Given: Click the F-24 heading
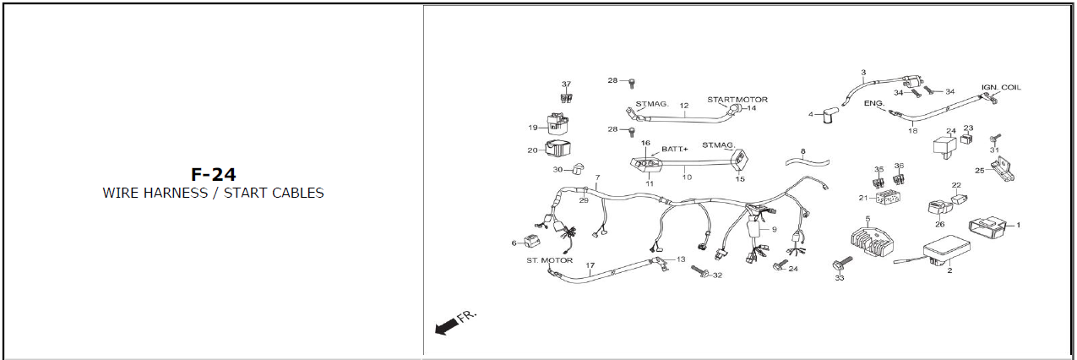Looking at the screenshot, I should (x=212, y=175).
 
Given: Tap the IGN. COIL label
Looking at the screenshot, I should (x=1001, y=88).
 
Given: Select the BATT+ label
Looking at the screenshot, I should (x=674, y=149).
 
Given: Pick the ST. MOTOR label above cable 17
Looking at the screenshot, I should (x=549, y=260).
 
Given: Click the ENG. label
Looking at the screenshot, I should (x=874, y=103).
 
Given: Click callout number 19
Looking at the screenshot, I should (x=533, y=128).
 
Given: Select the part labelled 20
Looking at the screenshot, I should (x=558, y=150).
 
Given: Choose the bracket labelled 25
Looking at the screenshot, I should (x=1002, y=172).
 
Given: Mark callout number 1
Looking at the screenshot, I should (x=1018, y=226).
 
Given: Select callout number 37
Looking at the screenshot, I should (x=566, y=85).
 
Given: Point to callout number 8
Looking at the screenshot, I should (x=802, y=151).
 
